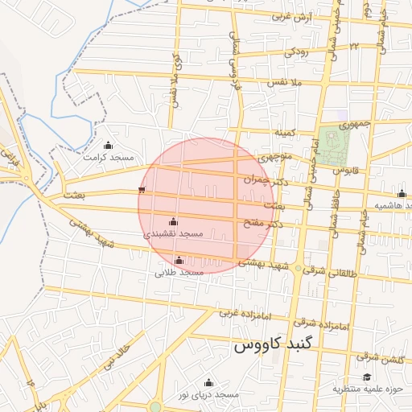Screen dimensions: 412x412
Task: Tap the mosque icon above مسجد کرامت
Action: pos(109,145)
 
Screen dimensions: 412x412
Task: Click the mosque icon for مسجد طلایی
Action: pos(179,260)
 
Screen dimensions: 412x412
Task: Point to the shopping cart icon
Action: pos(142,191)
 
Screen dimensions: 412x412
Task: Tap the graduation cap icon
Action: pos(367,377)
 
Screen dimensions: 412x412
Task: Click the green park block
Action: pos(333,143)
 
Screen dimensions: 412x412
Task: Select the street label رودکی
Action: pos(295,53)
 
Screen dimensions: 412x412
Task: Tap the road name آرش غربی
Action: pos(291,17)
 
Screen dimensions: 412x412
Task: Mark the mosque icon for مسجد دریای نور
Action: pos(209,382)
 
